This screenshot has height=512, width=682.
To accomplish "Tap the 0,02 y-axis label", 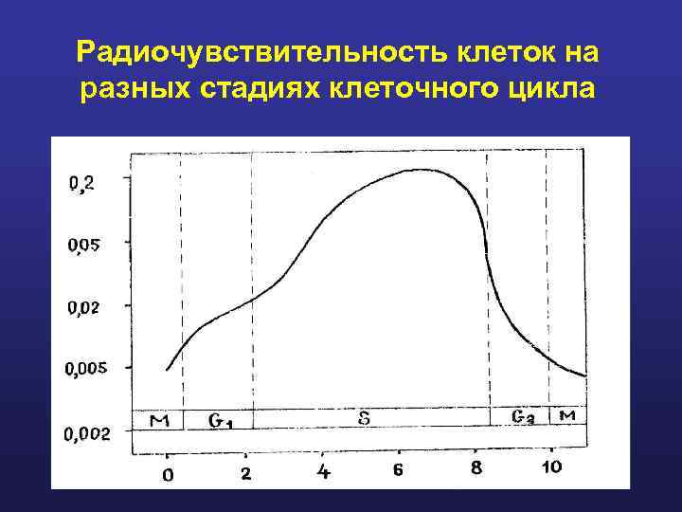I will [82, 307].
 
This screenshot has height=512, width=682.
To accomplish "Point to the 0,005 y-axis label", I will [86, 369].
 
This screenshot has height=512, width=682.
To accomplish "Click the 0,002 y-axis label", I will [86, 433].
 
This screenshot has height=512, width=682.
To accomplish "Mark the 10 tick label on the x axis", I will [551, 466].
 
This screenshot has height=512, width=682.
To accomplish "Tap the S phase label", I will [364, 417].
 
